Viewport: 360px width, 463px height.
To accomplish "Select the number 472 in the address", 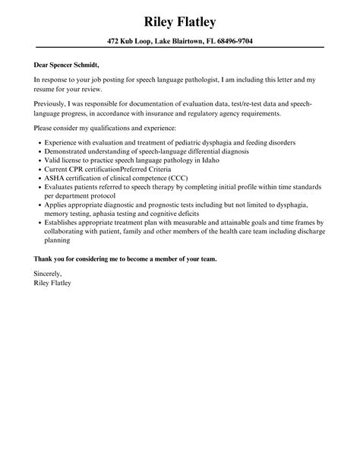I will tap(112, 40).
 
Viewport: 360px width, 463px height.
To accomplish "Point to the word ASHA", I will tap(54, 179).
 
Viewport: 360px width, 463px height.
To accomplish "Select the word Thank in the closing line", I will tap(44, 258).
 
